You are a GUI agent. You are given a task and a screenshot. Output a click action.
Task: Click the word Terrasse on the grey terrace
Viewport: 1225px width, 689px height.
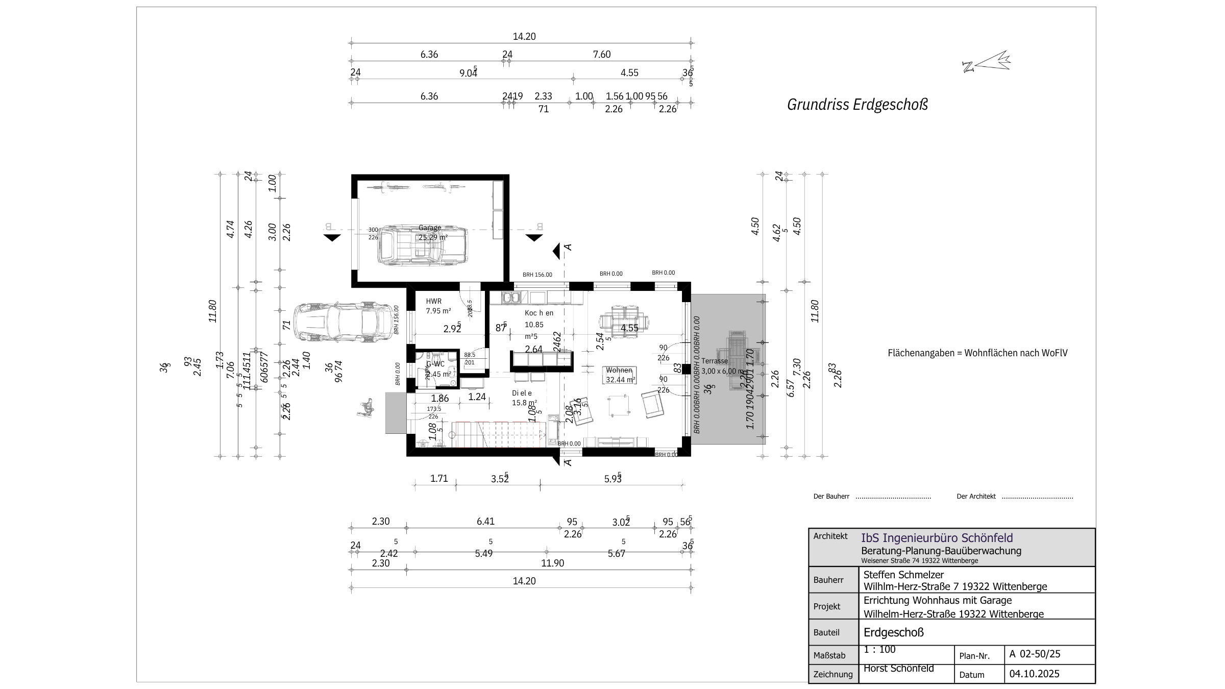(x=714, y=361)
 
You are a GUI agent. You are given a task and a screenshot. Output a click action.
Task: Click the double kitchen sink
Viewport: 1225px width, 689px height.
(x=510, y=297)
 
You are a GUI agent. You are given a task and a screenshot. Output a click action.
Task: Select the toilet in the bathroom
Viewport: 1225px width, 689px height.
(x=436, y=360)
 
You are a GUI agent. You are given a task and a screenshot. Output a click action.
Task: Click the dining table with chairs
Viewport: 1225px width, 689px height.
(x=624, y=322)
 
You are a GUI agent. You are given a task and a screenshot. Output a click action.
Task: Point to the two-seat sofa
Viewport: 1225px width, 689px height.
(x=619, y=376)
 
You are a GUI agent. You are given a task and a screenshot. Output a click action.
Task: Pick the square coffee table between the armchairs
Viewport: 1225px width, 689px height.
(x=618, y=406)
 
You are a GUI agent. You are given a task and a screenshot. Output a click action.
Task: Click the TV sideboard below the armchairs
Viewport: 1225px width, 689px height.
(x=616, y=442)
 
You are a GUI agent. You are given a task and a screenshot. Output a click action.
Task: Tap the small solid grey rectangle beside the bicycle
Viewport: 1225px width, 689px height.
(x=396, y=413)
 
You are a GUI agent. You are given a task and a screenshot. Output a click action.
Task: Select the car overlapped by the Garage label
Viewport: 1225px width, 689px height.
(x=422, y=245)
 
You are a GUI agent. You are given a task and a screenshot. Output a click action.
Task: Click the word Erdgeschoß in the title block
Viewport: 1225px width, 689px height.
(x=893, y=632)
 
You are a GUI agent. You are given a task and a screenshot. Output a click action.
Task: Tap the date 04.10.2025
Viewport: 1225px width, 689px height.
(x=1034, y=674)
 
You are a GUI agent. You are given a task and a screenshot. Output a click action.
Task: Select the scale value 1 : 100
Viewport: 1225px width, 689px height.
(x=879, y=650)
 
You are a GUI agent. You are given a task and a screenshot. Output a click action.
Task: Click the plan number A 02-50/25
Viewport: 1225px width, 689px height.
(x=1035, y=654)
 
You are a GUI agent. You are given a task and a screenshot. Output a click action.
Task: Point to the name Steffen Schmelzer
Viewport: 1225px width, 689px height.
(x=903, y=575)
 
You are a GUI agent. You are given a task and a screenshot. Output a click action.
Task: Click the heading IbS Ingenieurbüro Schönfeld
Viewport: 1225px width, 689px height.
(x=937, y=538)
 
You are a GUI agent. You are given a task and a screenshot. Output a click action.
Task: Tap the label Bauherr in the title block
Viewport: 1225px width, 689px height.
(x=827, y=580)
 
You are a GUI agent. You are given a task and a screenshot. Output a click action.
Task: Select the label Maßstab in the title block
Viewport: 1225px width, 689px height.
(x=829, y=655)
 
